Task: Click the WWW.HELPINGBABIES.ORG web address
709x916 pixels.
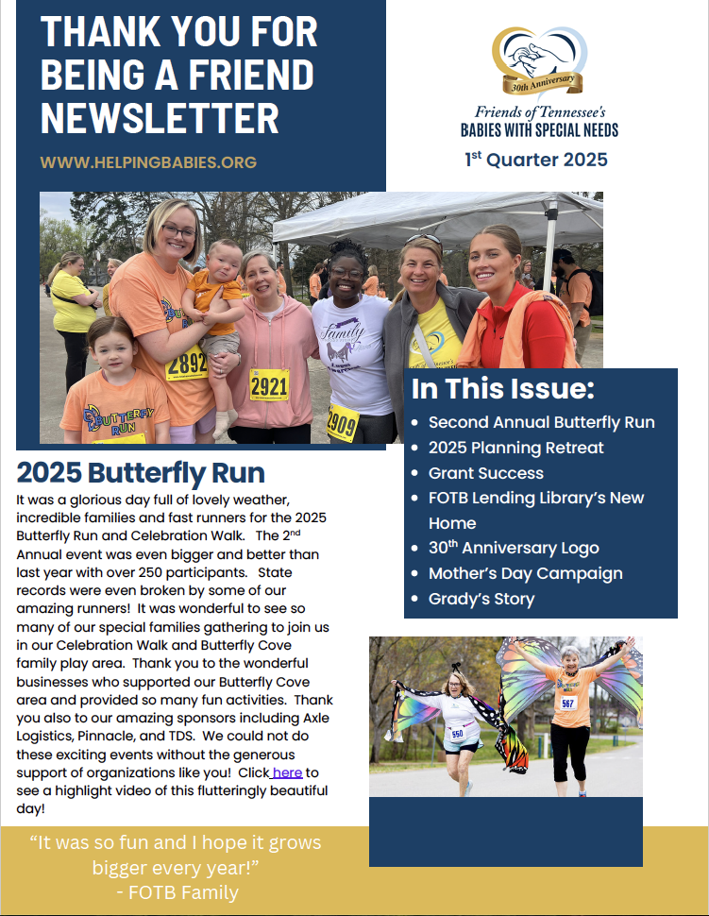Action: coord(148,162)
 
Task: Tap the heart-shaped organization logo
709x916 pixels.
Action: coord(538,61)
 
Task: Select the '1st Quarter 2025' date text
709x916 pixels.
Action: coord(535,160)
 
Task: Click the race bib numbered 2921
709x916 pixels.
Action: coord(269,384)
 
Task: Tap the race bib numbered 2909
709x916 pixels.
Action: coord(342,421)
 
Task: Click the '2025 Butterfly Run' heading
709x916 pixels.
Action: coord(141,472)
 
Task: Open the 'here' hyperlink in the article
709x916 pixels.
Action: coord(287,772)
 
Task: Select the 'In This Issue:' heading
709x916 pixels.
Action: coord(502,389)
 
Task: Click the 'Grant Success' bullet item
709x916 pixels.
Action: coord(485,473)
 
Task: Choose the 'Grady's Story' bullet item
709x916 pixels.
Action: coord(481,599)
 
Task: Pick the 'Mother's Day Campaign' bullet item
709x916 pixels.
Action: coord(525,573)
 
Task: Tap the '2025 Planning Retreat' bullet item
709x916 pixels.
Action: coord(515,448)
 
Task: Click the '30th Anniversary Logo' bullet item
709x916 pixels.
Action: coord(513,548)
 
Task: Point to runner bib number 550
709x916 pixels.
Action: coord(457,734)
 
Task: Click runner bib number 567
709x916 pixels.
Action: coord(567,704)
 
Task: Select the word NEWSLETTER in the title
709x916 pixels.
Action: coord(160,119)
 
